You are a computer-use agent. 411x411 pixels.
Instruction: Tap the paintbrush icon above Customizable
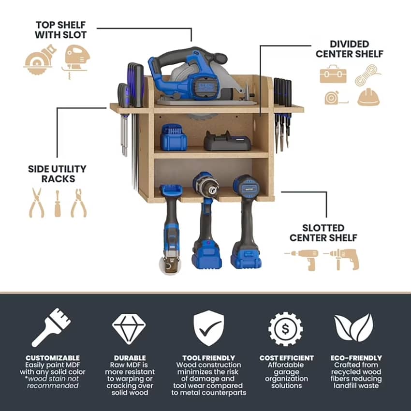click(51, 327)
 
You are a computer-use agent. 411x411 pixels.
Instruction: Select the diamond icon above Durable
click(129, 329)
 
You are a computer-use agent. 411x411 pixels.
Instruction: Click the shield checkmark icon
click(209, 328)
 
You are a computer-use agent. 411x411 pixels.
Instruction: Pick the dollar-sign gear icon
click(285, 329)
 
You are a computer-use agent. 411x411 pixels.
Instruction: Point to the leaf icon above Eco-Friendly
click(353, 328)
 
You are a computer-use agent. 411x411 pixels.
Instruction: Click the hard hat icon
click(368, 97)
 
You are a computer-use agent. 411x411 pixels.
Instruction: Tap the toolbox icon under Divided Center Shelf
click(333, 74)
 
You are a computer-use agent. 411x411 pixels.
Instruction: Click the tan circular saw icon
click(40, 60)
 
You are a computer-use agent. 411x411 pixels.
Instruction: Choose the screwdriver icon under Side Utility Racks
click(58, 204)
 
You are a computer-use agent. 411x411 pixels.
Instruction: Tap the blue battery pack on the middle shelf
click(174, 138)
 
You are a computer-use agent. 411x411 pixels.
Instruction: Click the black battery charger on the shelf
click(228, 141)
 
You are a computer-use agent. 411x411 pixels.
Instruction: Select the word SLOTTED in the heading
click(323, 228)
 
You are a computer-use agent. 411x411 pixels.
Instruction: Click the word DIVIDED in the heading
click(350, 44)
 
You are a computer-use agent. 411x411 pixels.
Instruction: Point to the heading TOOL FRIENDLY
click(209, 358)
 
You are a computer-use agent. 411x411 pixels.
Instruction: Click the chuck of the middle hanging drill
click(210, 190)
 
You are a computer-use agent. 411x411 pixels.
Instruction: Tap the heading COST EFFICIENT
click(287, 358)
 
